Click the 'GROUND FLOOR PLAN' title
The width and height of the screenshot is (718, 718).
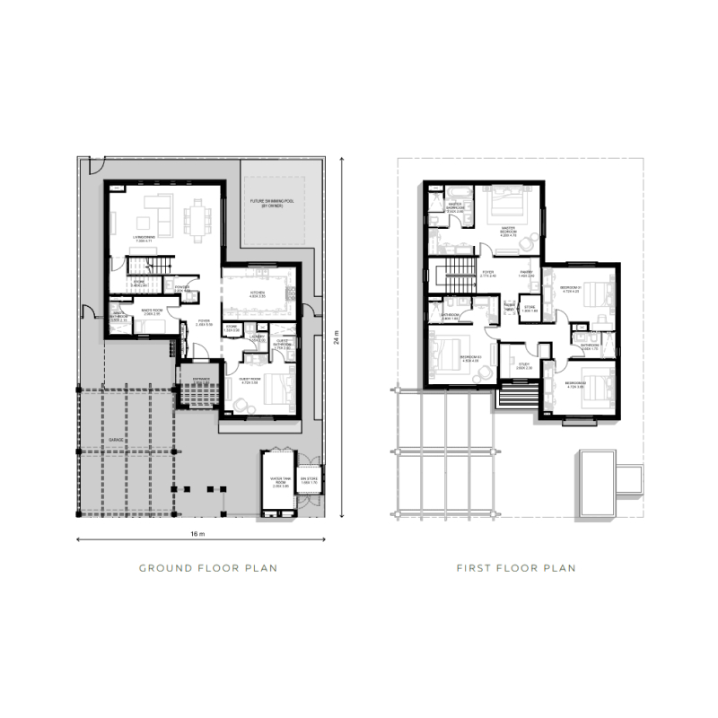pos(207,568)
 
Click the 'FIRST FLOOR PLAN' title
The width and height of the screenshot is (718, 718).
pos(515,568)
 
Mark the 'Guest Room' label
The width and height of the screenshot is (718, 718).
pos(250,382)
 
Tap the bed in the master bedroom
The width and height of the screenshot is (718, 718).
pos(502,204)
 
